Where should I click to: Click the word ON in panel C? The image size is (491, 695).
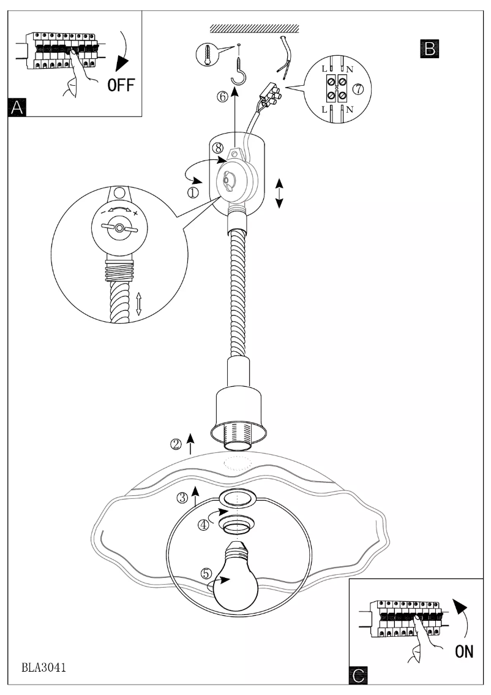(x=463, y=651)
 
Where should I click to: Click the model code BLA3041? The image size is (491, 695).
(x=44, y=666)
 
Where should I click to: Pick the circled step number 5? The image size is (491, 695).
(x=206, y=573)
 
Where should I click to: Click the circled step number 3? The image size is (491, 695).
(x=182, y=497)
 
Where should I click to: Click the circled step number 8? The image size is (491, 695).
(x=217, y=148)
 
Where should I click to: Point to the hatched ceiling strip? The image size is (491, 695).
(x=254, y=28)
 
